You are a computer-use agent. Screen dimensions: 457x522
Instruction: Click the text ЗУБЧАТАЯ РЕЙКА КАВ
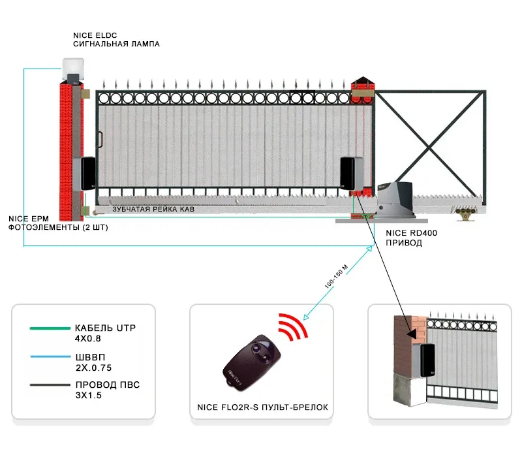tap(153, 210)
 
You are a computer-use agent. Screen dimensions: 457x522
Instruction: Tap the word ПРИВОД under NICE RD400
tap(404, 243)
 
